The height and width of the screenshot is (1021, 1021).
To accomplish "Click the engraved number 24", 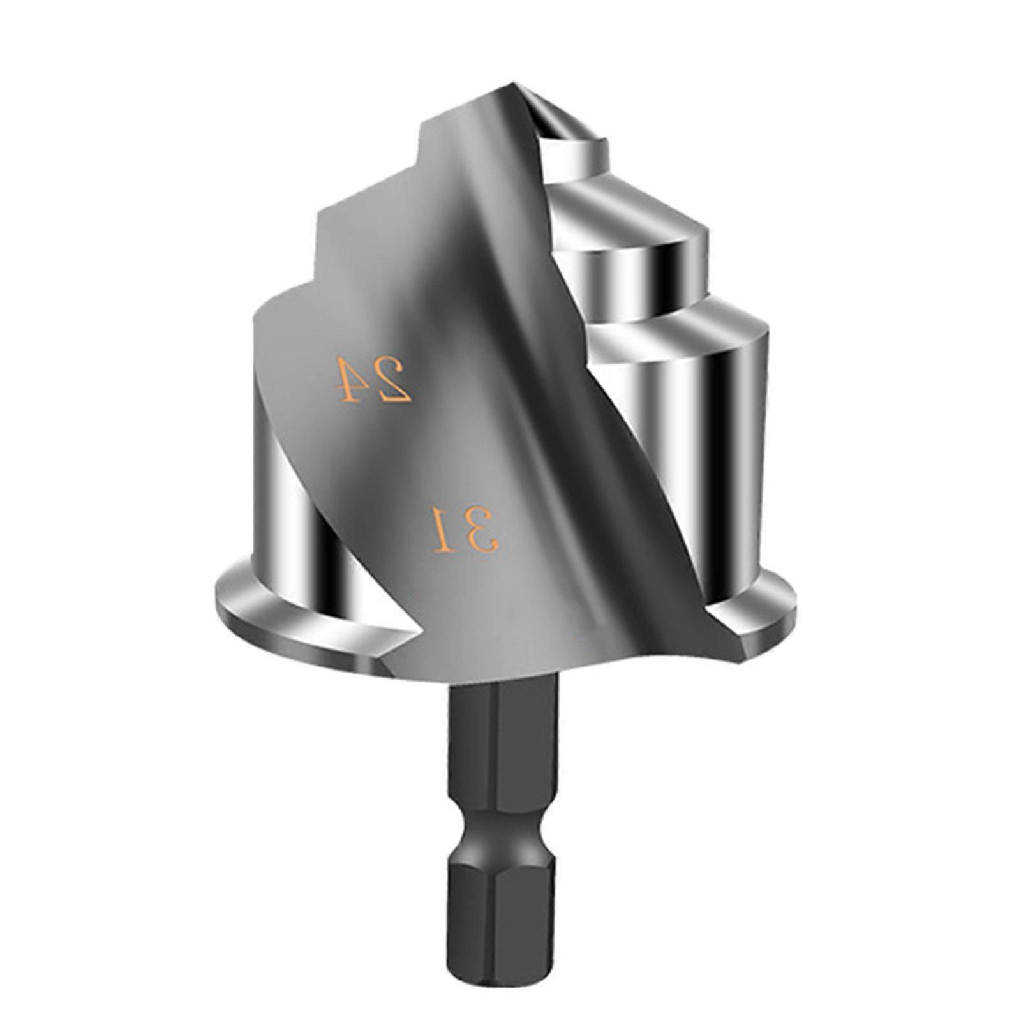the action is [373, 380].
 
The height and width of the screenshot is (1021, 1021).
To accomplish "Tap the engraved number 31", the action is [465, 528].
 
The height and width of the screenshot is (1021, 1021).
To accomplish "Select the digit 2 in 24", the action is [393, 381].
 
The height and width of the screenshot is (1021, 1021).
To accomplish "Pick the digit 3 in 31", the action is [482, 530].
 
